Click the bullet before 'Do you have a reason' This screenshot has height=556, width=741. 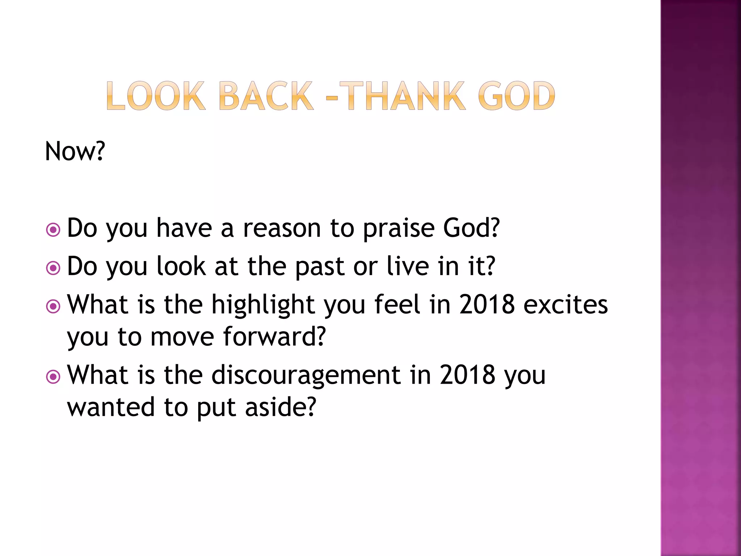[x=53, y=229]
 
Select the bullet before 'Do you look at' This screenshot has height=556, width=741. [x=53, y=268]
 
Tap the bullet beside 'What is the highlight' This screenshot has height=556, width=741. [x=53, y=306]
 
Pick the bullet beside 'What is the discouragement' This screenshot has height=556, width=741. [x=53, y=377]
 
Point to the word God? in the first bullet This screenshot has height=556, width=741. [x=471, y=228]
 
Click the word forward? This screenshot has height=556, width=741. [x=274, y=337]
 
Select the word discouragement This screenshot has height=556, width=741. [x=306, y=376]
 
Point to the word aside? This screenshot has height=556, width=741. [x=280, y=407]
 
